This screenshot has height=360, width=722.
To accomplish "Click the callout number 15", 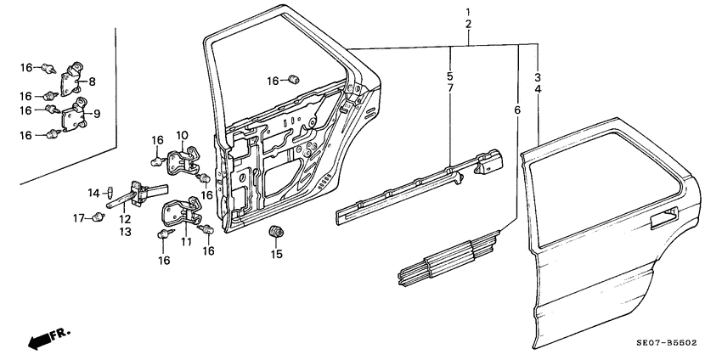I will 275,254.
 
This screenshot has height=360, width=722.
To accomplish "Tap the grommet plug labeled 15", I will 275,232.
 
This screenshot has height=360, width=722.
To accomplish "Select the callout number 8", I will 92,82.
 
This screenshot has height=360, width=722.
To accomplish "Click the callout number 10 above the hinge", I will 182,136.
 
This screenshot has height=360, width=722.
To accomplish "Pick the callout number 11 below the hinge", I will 185,241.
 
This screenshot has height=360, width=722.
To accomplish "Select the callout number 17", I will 77,218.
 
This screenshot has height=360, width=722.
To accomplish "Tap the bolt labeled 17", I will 99,218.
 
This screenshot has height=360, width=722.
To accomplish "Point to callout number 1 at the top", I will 468,12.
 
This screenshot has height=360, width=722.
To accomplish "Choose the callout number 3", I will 538,77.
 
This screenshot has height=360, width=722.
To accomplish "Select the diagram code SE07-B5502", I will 667,343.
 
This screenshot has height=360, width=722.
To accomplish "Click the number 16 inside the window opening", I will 273,81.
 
